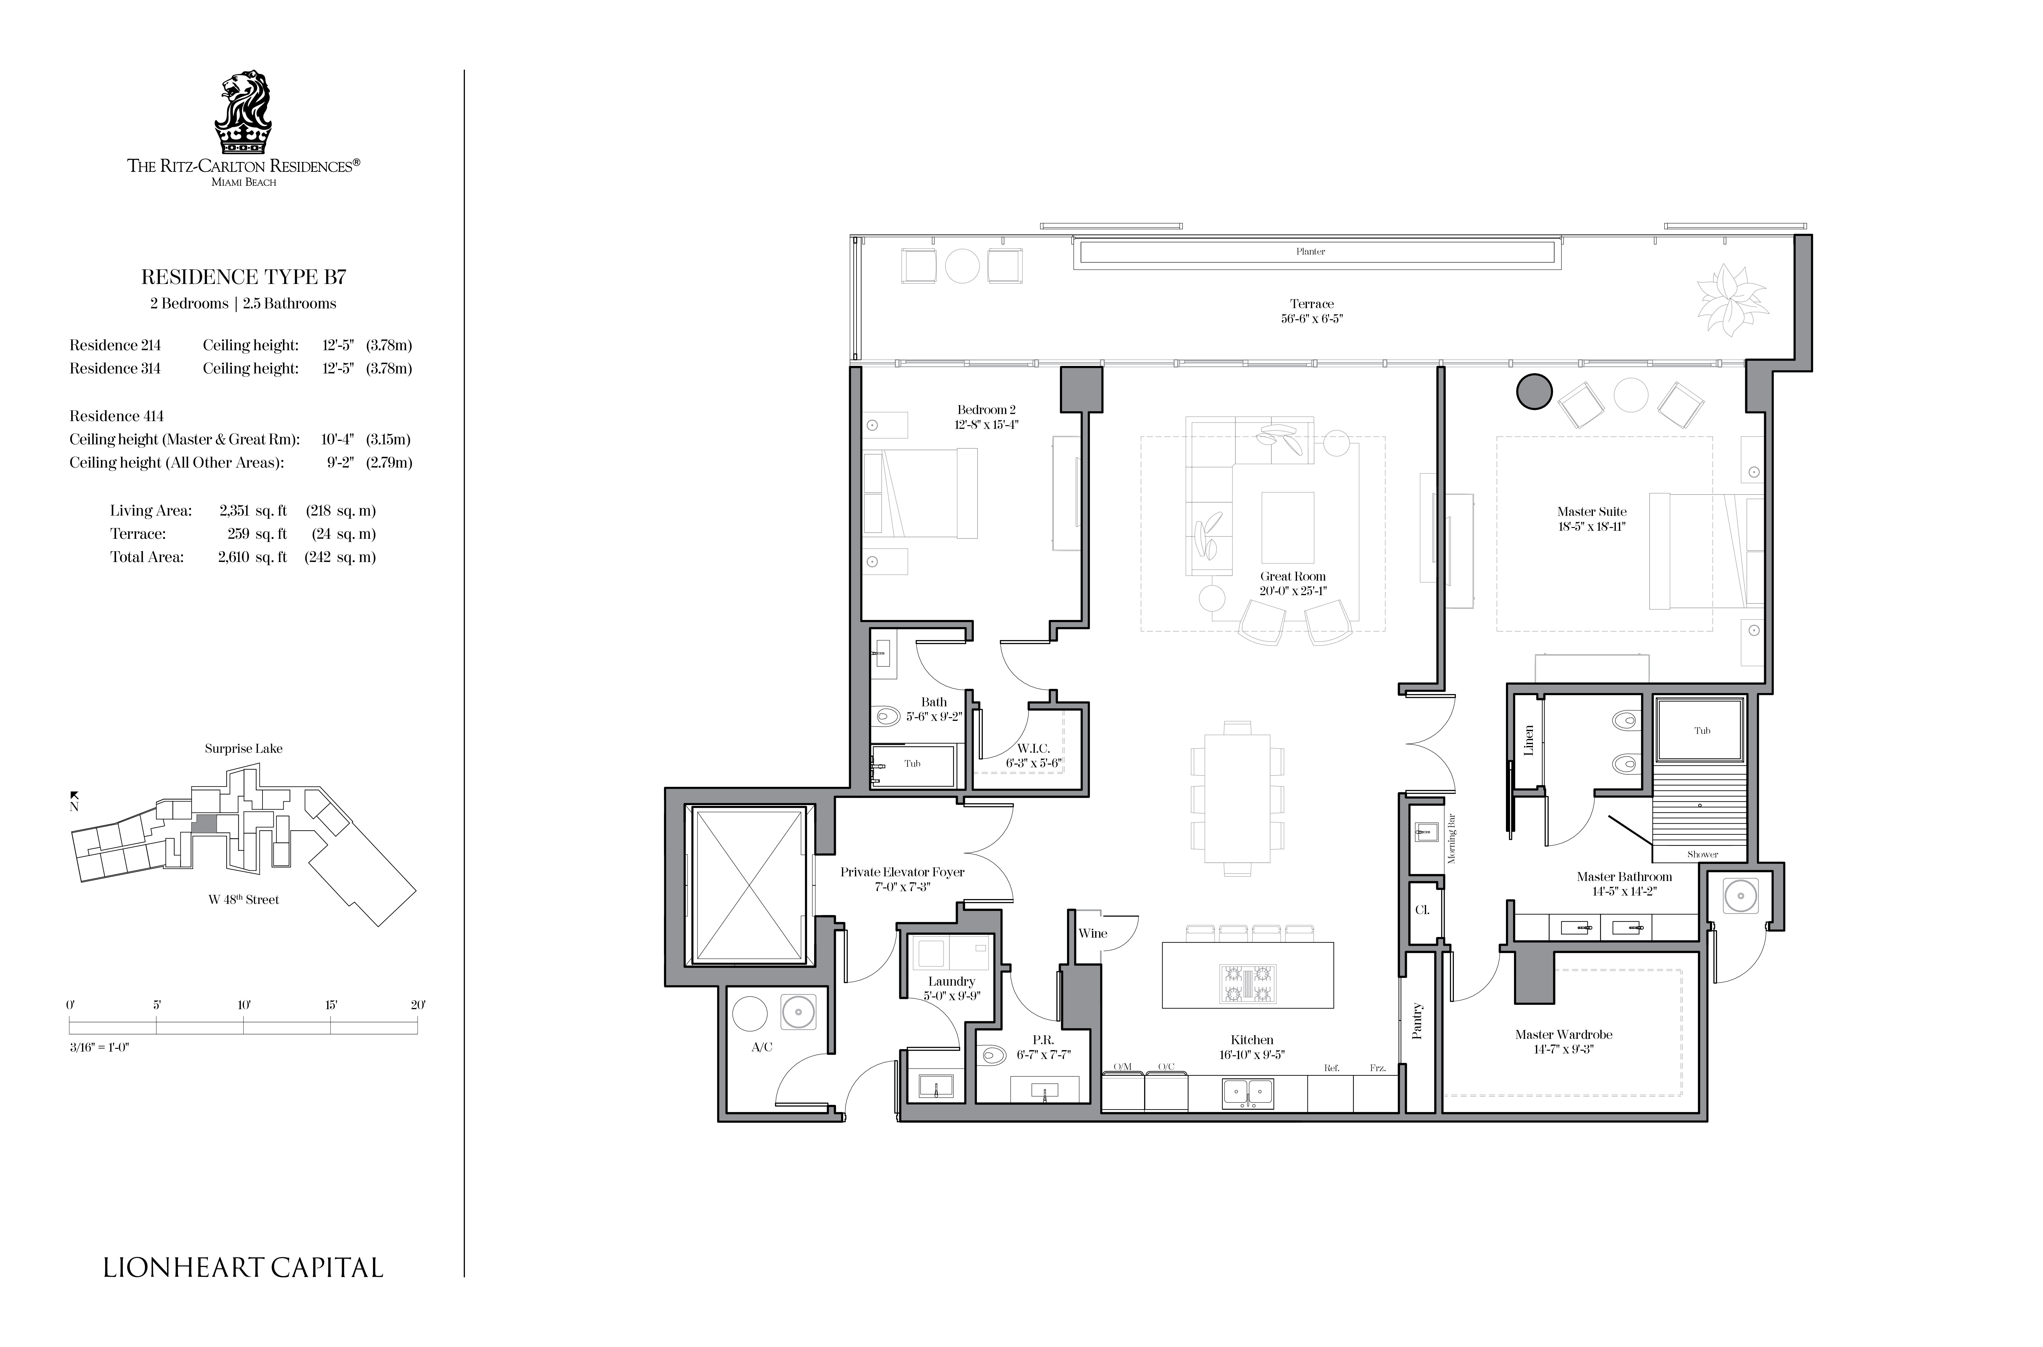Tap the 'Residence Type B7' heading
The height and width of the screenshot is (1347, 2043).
[244, 277]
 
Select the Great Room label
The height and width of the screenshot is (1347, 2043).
[1292, 577]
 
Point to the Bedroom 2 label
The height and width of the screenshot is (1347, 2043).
[987, 410]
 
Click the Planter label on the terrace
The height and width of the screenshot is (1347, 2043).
[1311, 252]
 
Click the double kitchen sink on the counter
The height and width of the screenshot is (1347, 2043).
[1248, 1094]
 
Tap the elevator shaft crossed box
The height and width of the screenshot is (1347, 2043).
[750, 885]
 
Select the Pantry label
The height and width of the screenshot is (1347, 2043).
[1417, 1021]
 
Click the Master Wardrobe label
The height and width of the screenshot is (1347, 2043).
[1564, 1034]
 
